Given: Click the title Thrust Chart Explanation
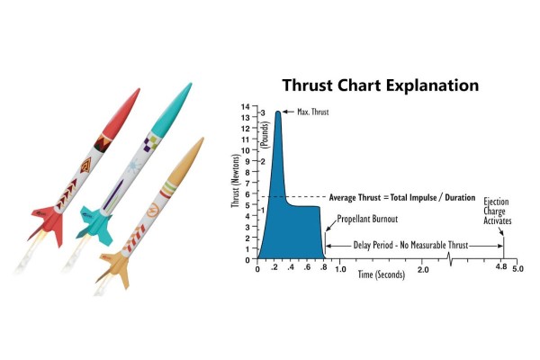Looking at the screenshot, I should tap(380, 86).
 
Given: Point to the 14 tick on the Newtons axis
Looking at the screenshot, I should tap(246, 107).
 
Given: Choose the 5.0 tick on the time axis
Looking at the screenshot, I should tap(519, 268).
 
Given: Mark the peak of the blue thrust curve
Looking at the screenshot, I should tap(278, 112).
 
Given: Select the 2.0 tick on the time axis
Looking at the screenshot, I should tap(424, 268).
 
